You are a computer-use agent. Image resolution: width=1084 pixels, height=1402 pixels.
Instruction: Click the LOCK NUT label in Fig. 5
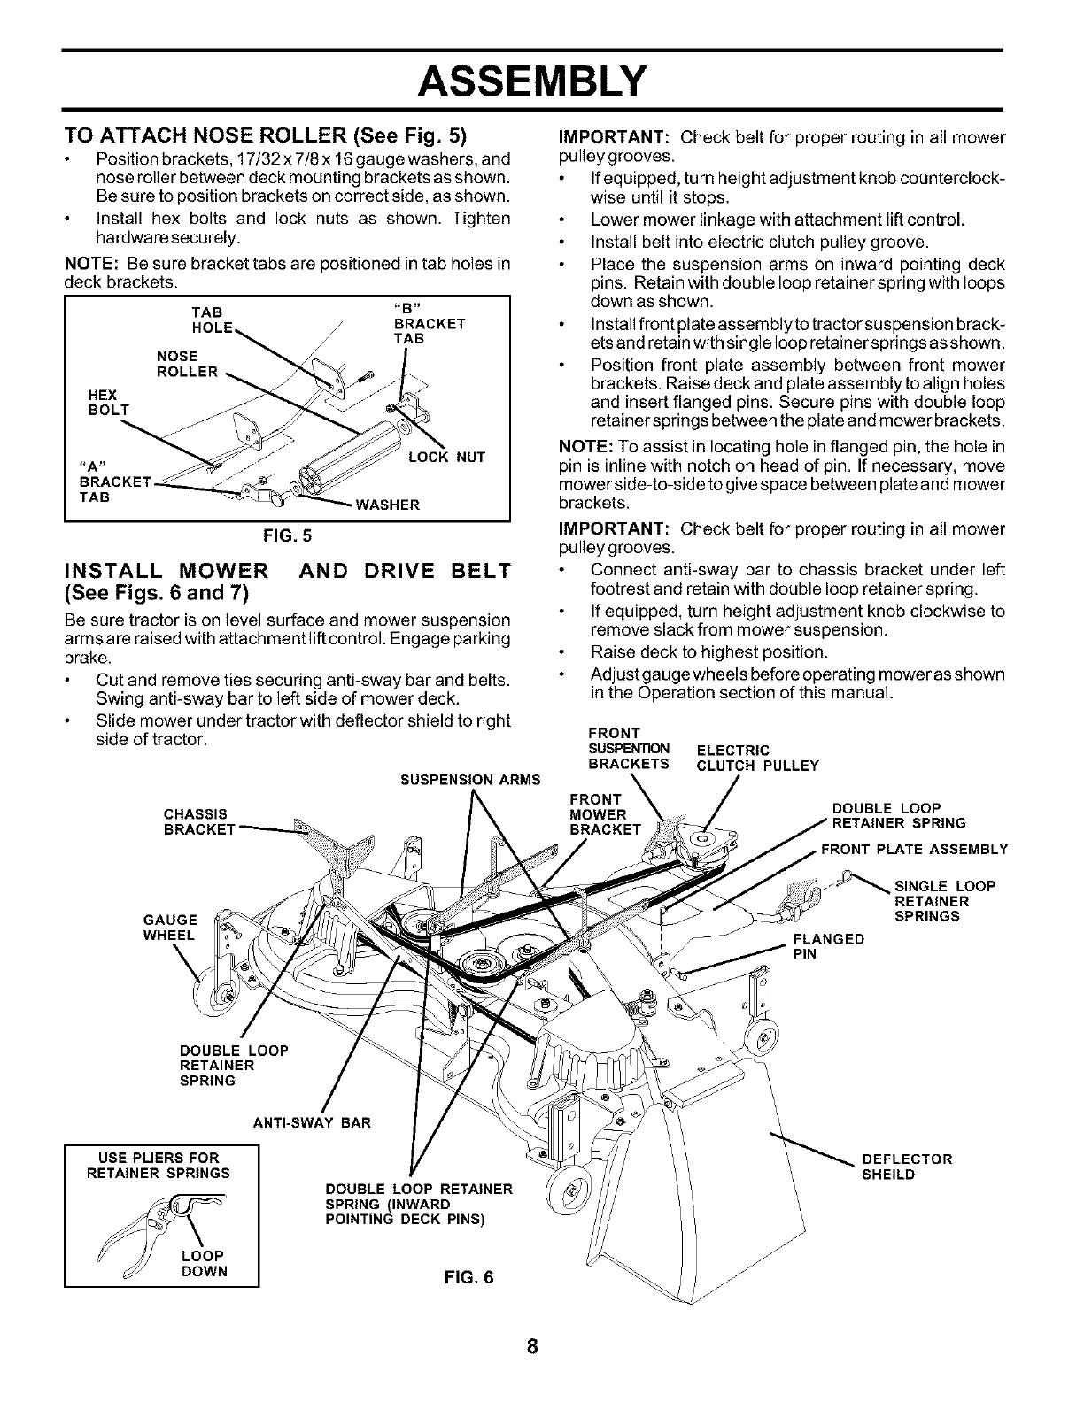(x=446, y=458)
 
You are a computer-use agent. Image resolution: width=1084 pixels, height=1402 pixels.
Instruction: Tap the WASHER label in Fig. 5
(x=387, y=505)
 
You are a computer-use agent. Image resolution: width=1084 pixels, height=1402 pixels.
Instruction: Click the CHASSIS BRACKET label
(x=198, y=821)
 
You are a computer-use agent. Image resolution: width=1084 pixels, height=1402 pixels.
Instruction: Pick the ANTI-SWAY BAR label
(x=311, y=1123)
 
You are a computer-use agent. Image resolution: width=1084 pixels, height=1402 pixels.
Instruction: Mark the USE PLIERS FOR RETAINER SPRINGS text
(x=159, y=1165)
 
